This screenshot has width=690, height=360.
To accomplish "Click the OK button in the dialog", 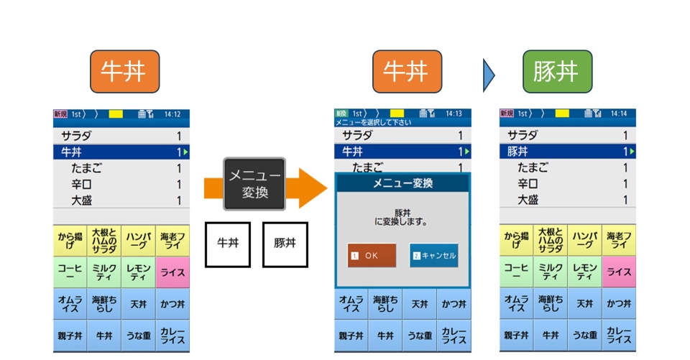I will click(x=372, y=255).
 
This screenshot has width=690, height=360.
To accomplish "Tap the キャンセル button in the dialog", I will click(x=433, y=255).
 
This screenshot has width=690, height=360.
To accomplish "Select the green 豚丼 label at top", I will click(x=557, y=72).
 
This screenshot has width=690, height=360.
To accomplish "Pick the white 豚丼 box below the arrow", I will click(x=285, y=244).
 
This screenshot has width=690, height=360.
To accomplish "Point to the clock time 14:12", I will click(x=172, y=114).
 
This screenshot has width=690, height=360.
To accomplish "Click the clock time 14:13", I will click(x=454, y=114).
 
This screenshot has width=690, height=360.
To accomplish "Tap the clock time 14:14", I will click(x=619, y=114).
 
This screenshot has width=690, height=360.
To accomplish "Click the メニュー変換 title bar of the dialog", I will click(x=402, y=184).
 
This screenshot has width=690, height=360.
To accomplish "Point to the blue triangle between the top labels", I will click(x=489, y=72).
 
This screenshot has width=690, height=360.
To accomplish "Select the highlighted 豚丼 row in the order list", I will click(x=567, y=152).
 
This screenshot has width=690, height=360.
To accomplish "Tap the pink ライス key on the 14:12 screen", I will click(x=172, y=272).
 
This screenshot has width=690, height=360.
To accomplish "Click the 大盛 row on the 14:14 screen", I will click(x=567, y=200).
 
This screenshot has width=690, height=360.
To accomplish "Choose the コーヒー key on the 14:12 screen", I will click(x=70, y=272).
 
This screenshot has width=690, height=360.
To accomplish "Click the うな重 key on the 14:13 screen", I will click(x=420, y=336).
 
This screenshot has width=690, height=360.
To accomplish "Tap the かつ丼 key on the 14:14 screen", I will click(x=618, y=304).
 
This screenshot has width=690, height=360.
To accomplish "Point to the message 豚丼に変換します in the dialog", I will click(x=402, y=218).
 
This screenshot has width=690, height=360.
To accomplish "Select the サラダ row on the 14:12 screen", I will click(x=121, y=136).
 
